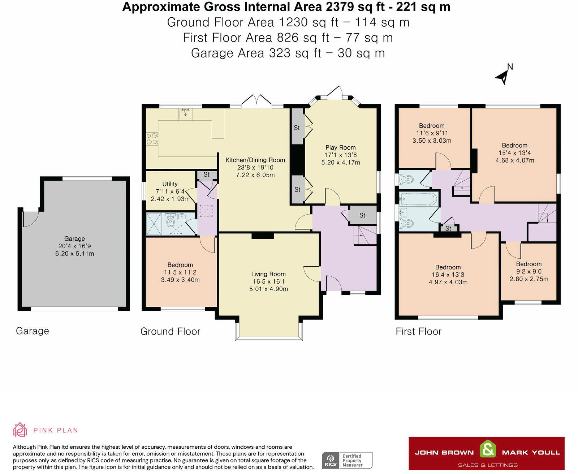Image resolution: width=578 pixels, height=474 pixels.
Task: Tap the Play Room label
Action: [340, 147]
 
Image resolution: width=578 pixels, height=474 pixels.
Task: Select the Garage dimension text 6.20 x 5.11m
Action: [74, 254]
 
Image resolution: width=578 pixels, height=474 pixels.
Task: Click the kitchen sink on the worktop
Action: [186, 114]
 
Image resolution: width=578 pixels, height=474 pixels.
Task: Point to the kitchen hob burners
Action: [152, 138]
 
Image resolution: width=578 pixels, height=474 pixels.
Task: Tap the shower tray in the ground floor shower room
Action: [154, 224]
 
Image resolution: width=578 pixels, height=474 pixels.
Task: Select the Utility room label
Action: [170, 184]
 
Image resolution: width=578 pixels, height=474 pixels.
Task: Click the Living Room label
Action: [268, 274]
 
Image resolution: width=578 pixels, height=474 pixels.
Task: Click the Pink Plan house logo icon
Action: [20, 430]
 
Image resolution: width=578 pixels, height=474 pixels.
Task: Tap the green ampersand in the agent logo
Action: [488, 448]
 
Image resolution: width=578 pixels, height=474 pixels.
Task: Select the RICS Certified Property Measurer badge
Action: [347, 460]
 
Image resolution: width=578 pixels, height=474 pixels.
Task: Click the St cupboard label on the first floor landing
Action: [448, 228]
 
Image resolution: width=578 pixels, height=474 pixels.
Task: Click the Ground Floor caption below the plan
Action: [170, 331]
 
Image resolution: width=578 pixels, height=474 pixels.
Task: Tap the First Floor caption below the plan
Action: [418, 331]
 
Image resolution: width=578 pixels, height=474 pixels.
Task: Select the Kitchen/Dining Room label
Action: [255, 160]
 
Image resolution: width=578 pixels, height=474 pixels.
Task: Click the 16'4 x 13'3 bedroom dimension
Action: [448, 275]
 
